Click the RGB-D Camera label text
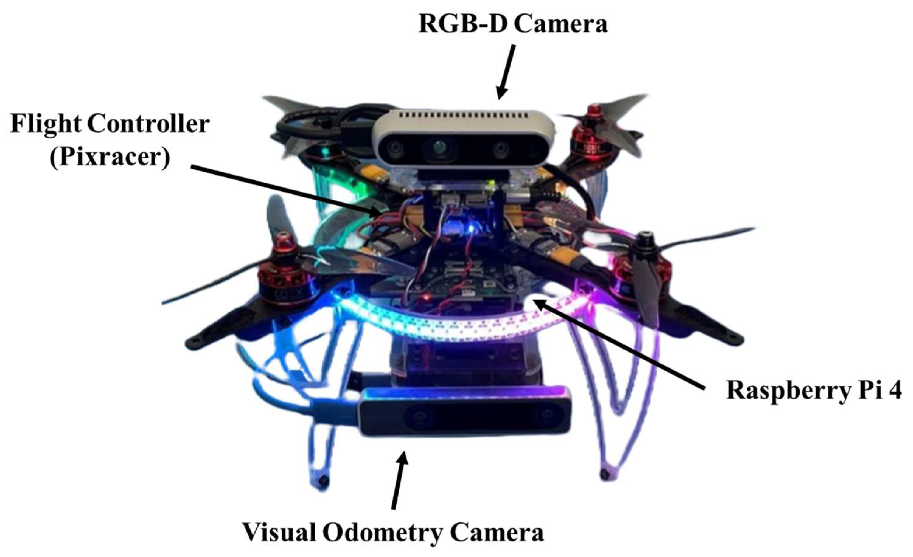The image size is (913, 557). (x=513, y=24)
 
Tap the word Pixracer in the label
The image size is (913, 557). (x=110, y=157)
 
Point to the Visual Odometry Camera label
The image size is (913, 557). (x=393, y=533)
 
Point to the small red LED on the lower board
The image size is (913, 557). (x=428, y=297)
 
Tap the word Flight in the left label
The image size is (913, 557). (x=46, y=124)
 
